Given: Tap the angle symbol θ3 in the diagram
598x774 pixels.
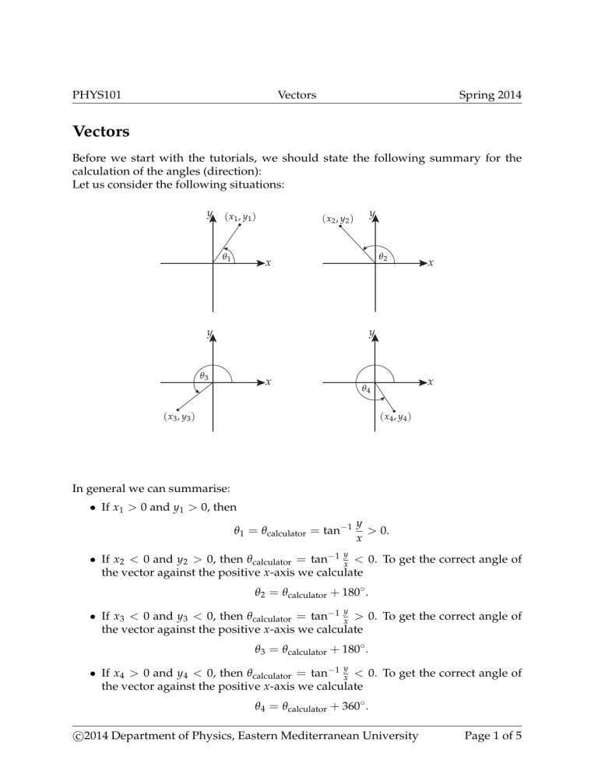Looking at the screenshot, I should coord(203,375).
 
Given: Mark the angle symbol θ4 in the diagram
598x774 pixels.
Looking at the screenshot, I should coord(366,389).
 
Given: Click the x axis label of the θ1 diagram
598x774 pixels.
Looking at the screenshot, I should coord(269,264).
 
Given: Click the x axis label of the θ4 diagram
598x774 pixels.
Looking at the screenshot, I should coord(431,382).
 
